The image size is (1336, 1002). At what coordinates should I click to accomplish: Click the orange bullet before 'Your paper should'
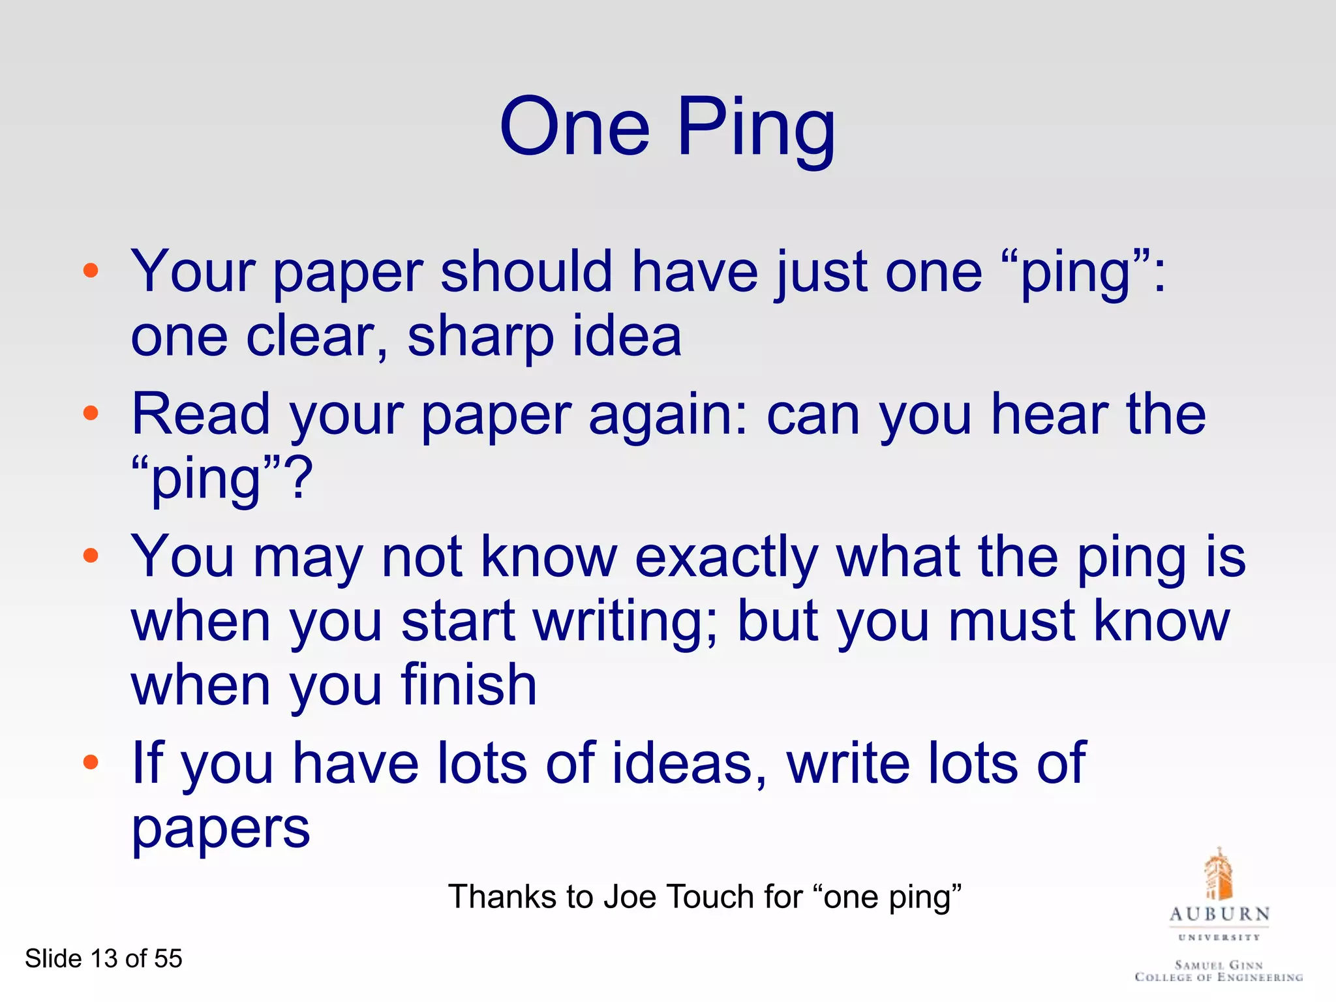[x=91, y=270]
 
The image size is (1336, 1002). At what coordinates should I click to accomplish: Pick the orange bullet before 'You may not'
[x=91, y=555]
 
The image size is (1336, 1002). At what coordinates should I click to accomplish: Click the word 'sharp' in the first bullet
[x=480, y=337]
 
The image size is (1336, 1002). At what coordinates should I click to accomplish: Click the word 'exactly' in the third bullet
[x=726, y=558]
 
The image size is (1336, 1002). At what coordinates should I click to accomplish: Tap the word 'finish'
[x=468, y=685]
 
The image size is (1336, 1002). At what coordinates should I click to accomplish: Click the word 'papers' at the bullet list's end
[x=220, y=830]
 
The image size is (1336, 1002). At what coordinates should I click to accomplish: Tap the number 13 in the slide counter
[x=103, y=958]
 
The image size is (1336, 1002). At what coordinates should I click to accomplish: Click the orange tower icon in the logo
[x=1219, y=873]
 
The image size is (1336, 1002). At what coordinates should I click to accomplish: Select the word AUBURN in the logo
[x=1219, y=914]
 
